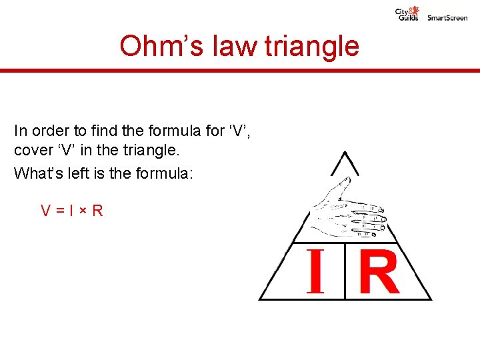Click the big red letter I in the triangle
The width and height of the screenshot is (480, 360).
[x=315, y=271]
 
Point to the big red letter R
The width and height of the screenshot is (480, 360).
[x=379, y=271]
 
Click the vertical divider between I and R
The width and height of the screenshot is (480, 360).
[x=345, y=271]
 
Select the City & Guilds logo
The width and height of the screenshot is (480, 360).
[x=407, y=13]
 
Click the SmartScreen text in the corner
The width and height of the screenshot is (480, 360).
[x=447, y=18]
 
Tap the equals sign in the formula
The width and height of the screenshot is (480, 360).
[x=59, y=211]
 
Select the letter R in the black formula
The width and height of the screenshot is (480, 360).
[x=97, y=211]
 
